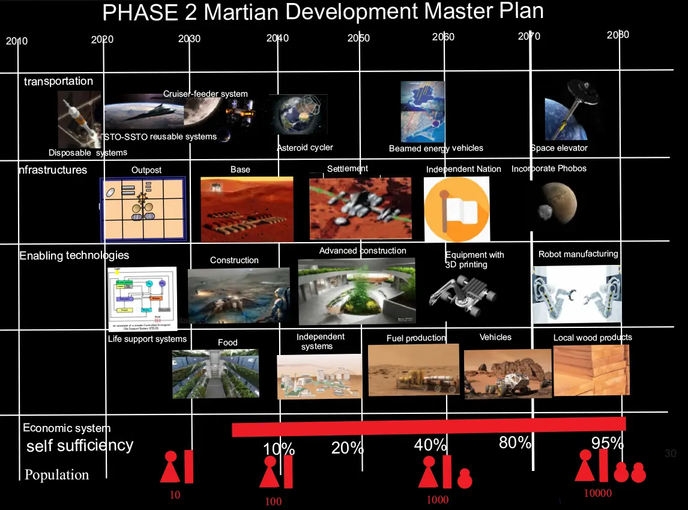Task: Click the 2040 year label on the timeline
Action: [x=277, y=38]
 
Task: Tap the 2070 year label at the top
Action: [x=529, y=37]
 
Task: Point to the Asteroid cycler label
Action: [x=304, y=147]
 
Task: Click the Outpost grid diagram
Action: [x=143, y=209]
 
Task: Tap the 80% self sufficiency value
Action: [x=515, y=443]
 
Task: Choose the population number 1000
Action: [x=437, y=500]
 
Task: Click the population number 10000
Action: [x=597, y=494]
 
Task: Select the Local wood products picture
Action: [x=591, y=369]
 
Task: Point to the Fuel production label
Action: [x=416, y=338]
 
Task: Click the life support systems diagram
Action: [x=142, y=299]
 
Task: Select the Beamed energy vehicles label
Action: [x=436, y=148]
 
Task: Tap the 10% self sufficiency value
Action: [x=279, y=449]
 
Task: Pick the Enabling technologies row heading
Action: [x=74, y=255]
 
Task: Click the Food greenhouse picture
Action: [x=216, y=373]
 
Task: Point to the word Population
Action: [x=56, y=475]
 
